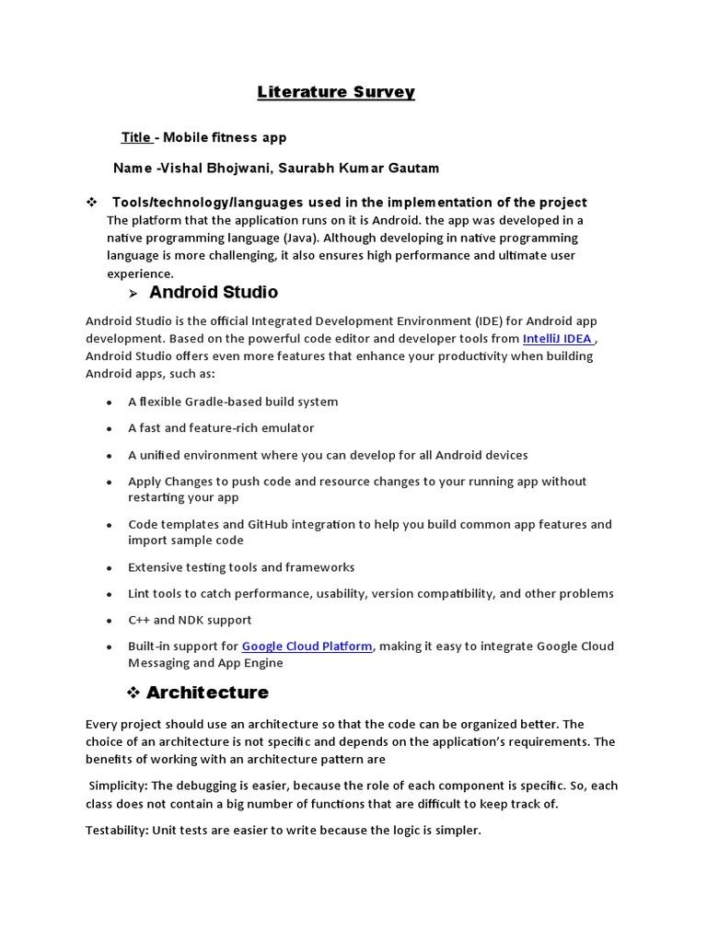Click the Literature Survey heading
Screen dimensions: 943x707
point(336,92)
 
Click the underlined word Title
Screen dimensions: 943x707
point(136,137)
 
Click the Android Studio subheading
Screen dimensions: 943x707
point(213,293)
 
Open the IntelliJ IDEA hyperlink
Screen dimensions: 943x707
point(557,339)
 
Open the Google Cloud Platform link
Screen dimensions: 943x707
point(307,646)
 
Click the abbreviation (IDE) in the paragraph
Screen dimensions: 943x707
point(491,321)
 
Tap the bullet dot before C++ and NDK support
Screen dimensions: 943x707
point(109,622)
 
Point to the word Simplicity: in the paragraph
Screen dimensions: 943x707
point(119,786)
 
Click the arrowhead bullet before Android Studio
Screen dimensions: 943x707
point(132,294)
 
